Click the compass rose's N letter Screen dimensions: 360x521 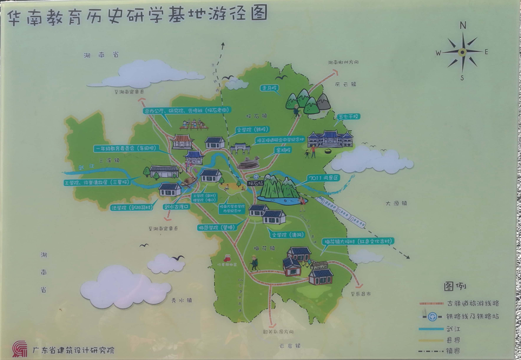coord(463,25)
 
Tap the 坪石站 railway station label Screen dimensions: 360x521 coord(254,183)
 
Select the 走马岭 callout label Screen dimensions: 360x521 coord(269,88)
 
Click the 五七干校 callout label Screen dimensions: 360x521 coord(349,117)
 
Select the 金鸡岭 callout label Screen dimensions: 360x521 coord(282,151)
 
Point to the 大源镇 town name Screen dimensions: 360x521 coord(396,203)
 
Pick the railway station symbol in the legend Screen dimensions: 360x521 coord(432,316)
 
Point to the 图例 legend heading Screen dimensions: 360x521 coord(456,286)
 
